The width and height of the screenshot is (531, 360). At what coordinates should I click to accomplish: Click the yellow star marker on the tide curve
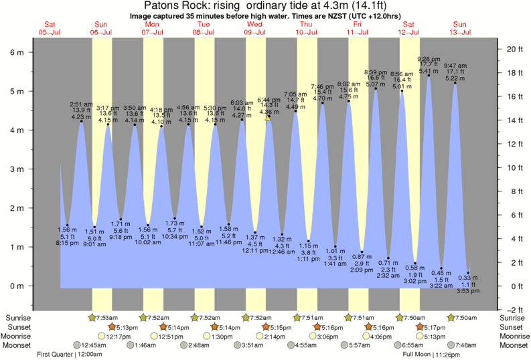[x=268, y=117]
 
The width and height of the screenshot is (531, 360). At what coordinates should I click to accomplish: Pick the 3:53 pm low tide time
[x=469, y=292]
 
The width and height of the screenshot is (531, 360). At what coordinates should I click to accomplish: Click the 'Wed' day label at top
[x=254, y=24]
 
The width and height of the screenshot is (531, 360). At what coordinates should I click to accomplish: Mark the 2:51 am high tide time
[x=81, y=104]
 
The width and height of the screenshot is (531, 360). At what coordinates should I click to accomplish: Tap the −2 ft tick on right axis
[x=513, y=310]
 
